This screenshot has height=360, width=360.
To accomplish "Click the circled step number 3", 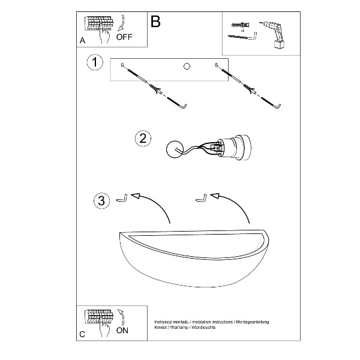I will (103, 200).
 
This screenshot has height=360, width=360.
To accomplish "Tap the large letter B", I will (156, 22).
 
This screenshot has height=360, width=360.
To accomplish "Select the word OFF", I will (124, 37).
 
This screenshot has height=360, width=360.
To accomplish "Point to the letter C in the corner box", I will (82, 334).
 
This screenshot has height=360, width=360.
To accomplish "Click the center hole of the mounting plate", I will (186, 65).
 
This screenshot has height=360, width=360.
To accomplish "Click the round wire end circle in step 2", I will (173, 149).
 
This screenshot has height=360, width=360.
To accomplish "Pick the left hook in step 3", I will (122, 197).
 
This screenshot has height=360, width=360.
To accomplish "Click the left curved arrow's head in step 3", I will (136, 196).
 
